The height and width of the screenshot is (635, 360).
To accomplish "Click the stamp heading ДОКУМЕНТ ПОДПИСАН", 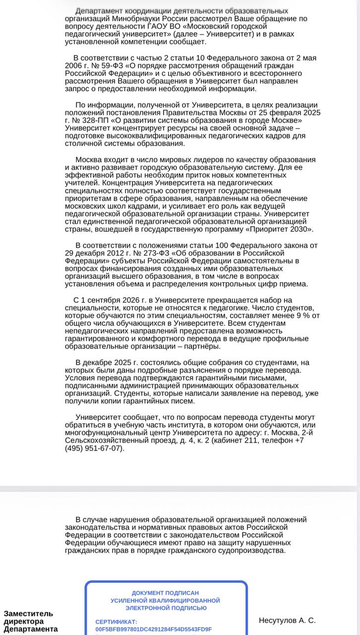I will (x=165, y=593).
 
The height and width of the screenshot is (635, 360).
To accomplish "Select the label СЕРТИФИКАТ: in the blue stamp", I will (x=116, y=622).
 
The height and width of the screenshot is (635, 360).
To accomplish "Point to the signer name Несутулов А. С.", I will (x=287, y=621).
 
